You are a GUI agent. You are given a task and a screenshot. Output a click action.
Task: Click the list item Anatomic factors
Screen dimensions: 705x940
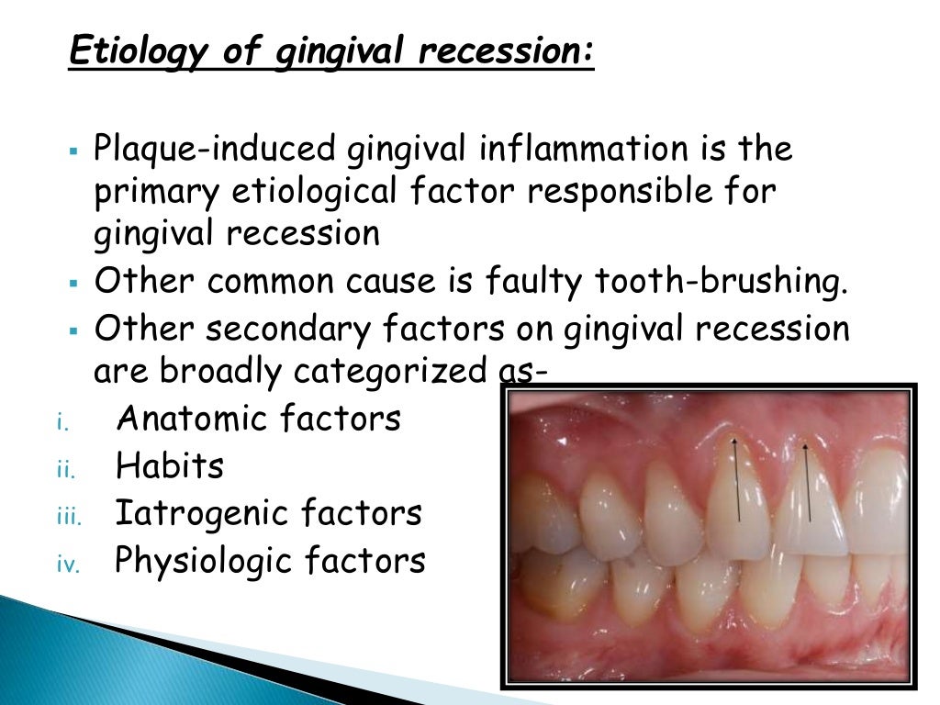tap(259, 419)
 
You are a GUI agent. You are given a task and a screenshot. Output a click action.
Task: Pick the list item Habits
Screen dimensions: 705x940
tap(170, 466)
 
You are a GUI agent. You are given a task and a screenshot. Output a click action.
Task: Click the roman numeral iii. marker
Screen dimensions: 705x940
tap(69, 517)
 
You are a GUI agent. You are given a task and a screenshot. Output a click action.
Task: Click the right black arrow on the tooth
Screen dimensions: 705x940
tap(808, 482)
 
